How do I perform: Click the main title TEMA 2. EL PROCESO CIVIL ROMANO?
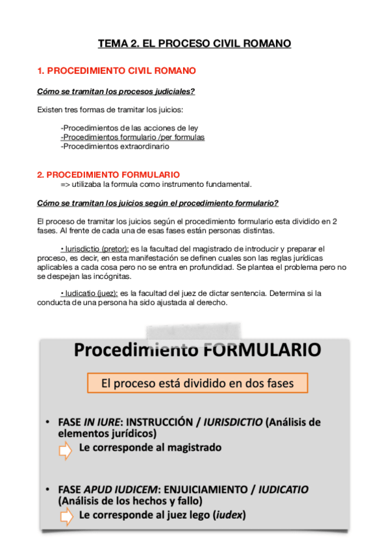(194, 44)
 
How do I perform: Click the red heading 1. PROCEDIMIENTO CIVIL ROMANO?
(117, 70)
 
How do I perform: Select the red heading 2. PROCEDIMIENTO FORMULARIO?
(108, 175)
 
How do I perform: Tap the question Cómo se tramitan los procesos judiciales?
(116, 91)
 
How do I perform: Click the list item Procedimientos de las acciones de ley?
(129, 128)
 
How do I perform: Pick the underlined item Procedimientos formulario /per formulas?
(132, 137)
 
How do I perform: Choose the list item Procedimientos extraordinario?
(115, 146)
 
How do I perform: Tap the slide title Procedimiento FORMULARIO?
(197, 350)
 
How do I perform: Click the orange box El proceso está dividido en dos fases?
(197, 383)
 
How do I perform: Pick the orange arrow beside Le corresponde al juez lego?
(66, 516)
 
